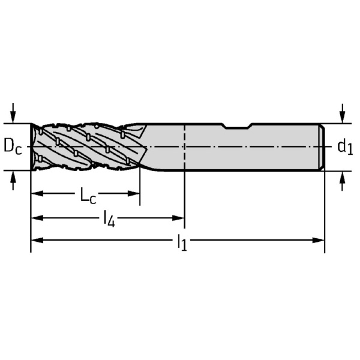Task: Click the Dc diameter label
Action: (13, 146)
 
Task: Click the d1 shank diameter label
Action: (345, 147)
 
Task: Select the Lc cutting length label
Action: (88, 196)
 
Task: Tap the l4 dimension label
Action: (109, 219)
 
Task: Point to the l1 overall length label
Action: (182, 242)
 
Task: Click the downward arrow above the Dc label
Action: (13, 113)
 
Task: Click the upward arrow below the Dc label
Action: (13, 181)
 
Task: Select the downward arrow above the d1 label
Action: (343, 113)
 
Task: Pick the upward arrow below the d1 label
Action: (343, 181)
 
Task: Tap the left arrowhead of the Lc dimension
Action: (37, 193)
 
